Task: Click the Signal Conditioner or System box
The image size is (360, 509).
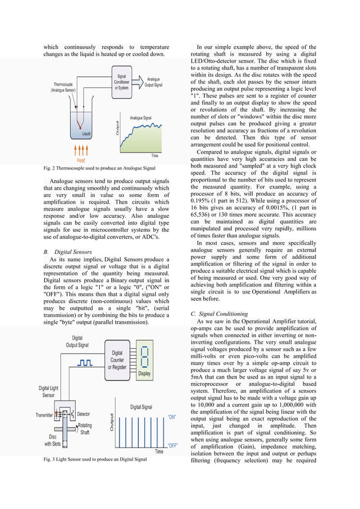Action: [x=121, y=82]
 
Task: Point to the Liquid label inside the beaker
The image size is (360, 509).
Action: [x=86, y=134]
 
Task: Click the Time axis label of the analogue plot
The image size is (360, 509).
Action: [x=154, y=155]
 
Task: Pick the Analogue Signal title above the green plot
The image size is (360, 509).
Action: [x=141, y=118]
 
